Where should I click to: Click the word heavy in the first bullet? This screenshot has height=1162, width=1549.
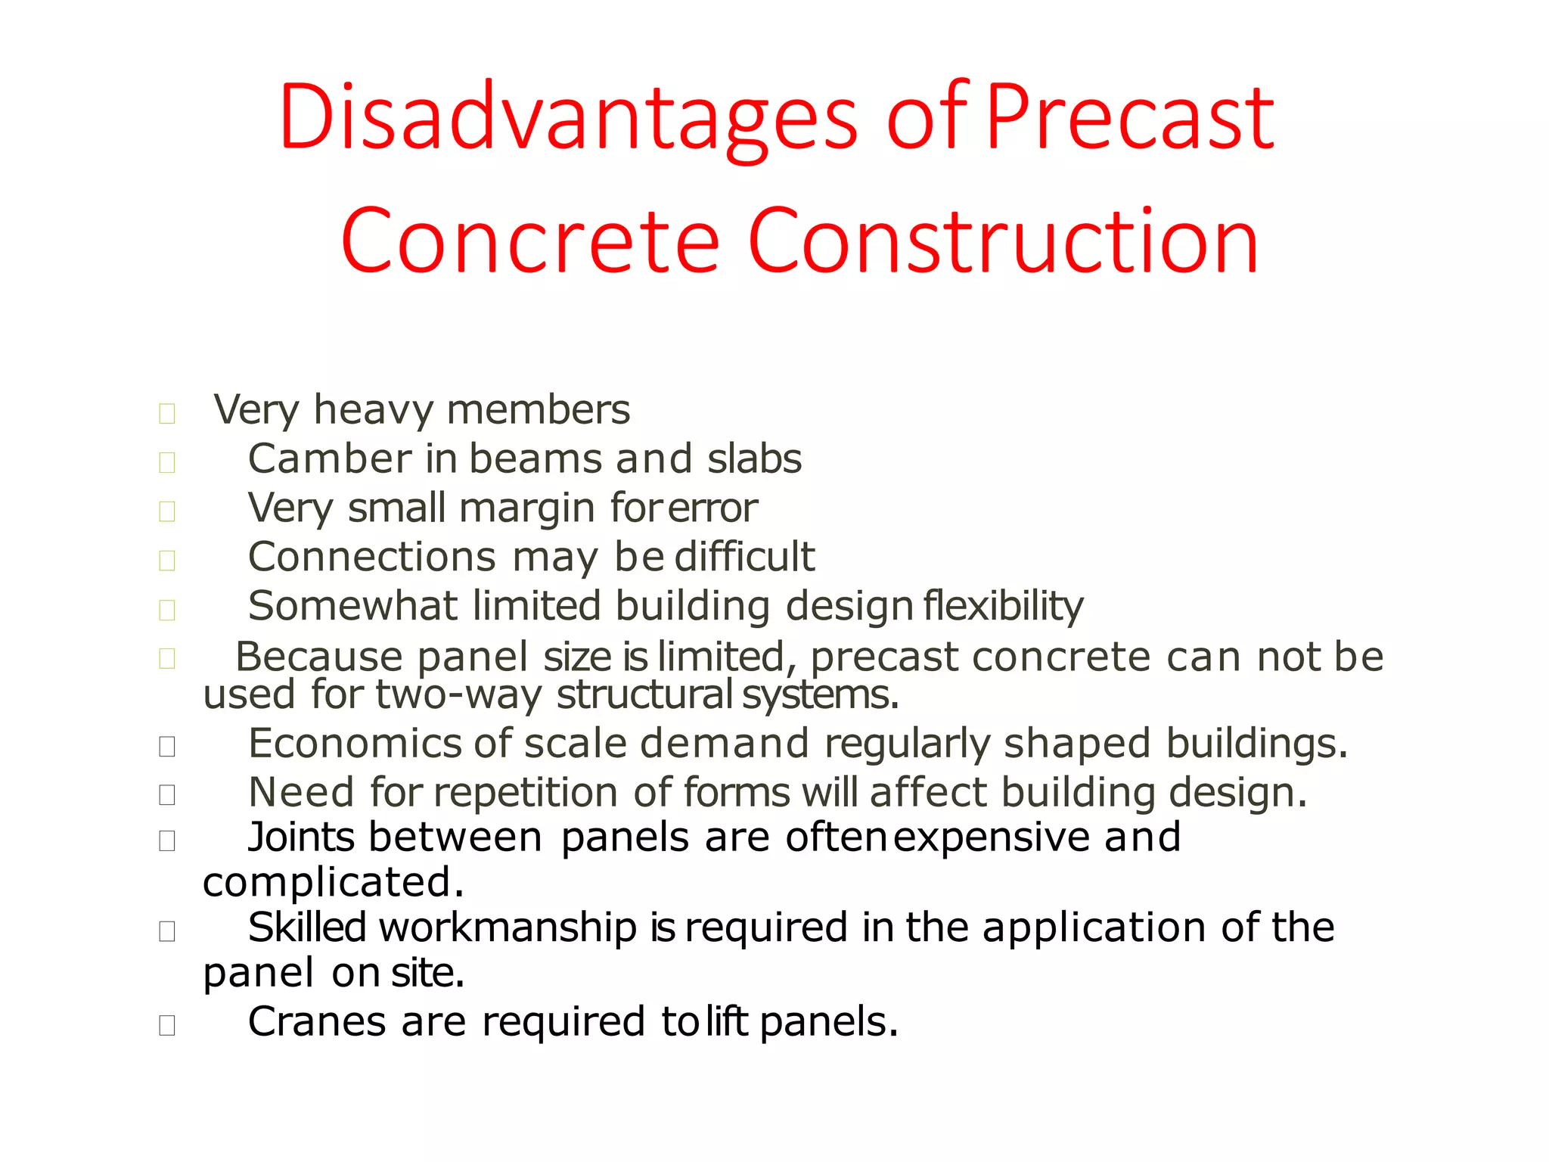(374, 412)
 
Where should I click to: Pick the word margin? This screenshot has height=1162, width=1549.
(526, 508)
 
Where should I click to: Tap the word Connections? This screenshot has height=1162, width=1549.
(371, 558)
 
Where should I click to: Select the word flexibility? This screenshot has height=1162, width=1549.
(1003, 607)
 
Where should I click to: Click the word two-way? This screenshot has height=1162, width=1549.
(458, 694)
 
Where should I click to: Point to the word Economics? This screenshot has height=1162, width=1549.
(354, 744)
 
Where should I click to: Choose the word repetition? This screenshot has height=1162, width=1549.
(526, 793)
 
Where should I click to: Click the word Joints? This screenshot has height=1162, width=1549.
(301, 837)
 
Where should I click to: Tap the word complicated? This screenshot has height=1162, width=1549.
(333, 883)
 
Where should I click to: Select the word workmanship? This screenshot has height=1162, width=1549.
(508, 927)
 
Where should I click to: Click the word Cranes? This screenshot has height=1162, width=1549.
(317, 1022)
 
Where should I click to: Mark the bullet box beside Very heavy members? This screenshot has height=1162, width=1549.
(167, 414)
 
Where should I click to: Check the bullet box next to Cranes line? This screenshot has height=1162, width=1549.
(167, 1025)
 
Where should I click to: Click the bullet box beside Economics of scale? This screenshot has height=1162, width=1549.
(167, 747)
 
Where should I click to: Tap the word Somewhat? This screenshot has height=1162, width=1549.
(352, 607)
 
